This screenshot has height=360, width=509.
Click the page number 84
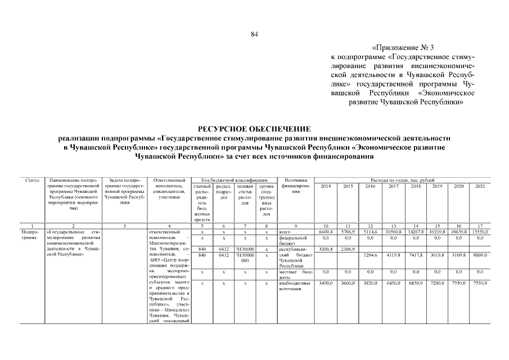[x=254, y=35]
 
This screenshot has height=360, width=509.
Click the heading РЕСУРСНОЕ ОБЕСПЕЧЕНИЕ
[x=254, y=129]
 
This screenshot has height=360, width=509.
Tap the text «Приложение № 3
[x=403, y=47]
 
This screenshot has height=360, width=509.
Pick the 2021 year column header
[x=480, y=186]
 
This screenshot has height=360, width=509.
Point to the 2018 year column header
[x=416, y=186]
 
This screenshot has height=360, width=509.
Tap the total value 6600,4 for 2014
[x=326, y=232]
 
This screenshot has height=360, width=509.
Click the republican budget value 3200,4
[x=326, y=248]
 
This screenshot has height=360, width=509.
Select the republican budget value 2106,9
[x=348, y=248]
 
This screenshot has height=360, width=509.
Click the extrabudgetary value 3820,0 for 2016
[x=371, y=283]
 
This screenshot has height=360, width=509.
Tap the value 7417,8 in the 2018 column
[x=416, y=255]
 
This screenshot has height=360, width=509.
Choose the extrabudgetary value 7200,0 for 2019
[x=438, y=283]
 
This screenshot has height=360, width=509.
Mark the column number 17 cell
[x=480, y=226]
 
